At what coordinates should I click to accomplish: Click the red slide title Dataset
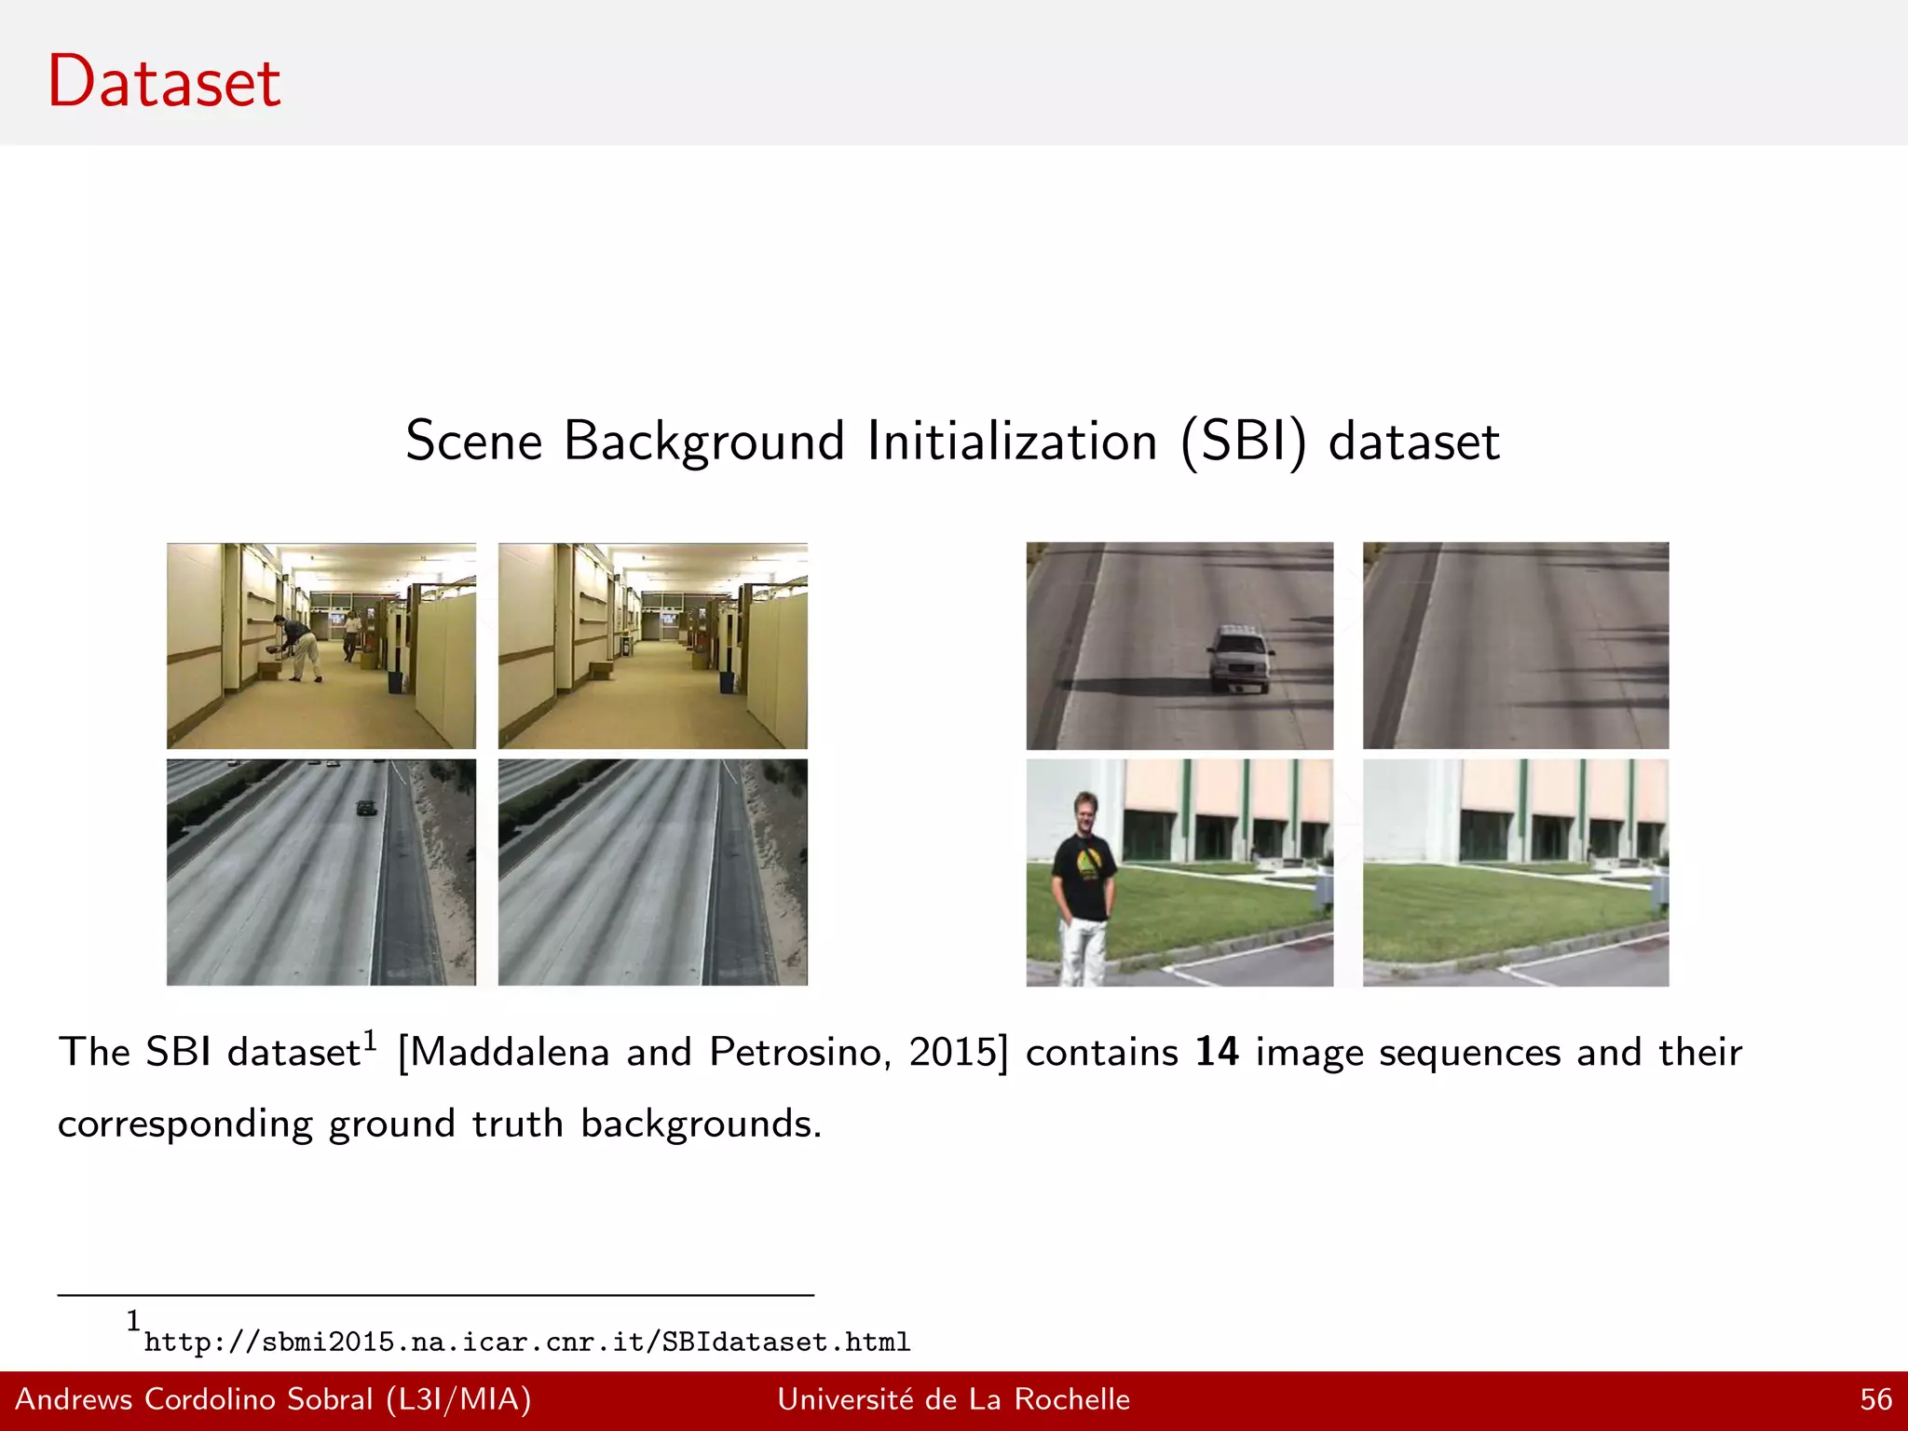164,82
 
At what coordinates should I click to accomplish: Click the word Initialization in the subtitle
1012,441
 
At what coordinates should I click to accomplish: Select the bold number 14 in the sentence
1217,1052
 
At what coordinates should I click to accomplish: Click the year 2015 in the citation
954,1052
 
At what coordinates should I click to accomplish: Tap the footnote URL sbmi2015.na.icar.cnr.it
526,1342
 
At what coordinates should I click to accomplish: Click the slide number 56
1875,1399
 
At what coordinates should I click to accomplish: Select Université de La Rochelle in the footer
953,1399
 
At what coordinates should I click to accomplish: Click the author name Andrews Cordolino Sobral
194,1399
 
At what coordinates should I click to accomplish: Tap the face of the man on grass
1085,810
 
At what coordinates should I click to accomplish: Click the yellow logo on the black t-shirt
1086,863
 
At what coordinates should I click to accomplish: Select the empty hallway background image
652,646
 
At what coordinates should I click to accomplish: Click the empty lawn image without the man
1515,872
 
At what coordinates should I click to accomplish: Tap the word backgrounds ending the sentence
701,1124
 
